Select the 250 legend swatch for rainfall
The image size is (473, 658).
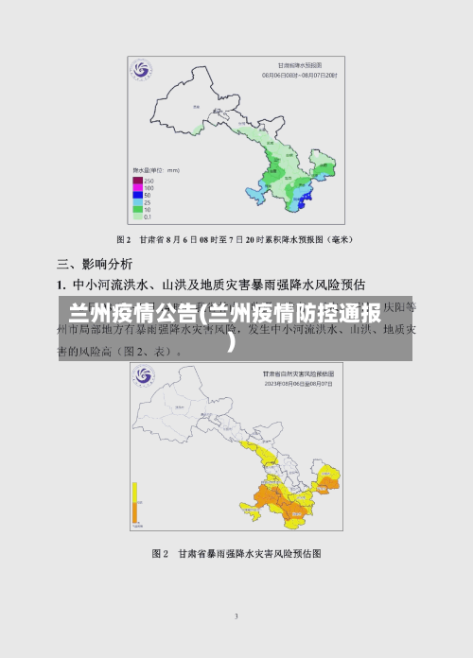(137, 180)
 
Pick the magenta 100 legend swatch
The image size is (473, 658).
(137, 187)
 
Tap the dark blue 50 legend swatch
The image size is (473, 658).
(137, 195)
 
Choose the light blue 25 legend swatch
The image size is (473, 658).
(137, 202)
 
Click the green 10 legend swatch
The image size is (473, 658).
(137, 209)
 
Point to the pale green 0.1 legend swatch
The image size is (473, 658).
(137, 216)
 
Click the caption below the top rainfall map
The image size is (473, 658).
(236, 239)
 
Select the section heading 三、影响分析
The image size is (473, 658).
(95, 263)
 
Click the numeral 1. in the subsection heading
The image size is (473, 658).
(61, 284)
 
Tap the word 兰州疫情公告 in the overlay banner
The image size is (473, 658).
(127, 313)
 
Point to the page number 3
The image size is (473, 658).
(236, 616)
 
